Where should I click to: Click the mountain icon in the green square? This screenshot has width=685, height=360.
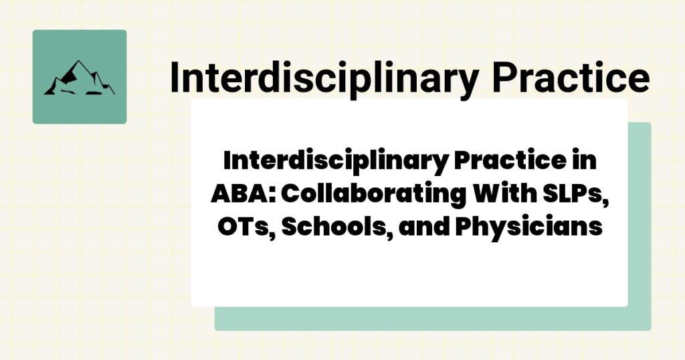79,78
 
